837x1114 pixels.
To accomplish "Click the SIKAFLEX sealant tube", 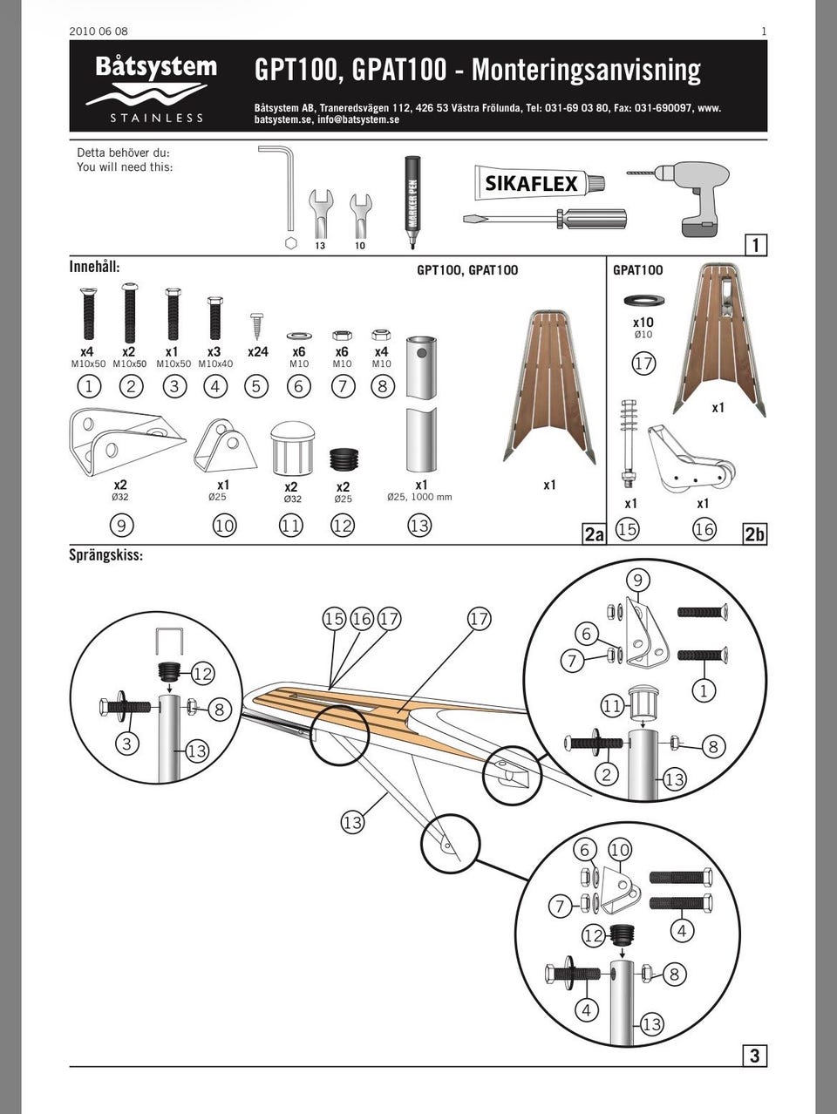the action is pyautogui.click(x=540, y=183).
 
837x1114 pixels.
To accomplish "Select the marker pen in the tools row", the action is pyautogui.click(x=412, y=202).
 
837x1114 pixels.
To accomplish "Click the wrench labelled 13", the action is pyautogui.click(x=321, y=214).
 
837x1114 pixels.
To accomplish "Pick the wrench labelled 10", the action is pyautogui.click(x=360, y=215).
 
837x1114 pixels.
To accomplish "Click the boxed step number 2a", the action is pyautogui.click(x=594, y=534).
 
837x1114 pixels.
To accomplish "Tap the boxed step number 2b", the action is pyautogui.click(x=755, y=534).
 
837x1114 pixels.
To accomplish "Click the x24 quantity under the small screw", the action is pyautogui.click(x=258, y=351).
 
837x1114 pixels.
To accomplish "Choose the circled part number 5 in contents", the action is pyautogui.click(x=256, y=387).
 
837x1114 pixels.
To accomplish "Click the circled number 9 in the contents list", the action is pyautogui.click(x=121, y=526).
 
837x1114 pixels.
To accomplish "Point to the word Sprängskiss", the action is pyautogui.click(x=105, y=555).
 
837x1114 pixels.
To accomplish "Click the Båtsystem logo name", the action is pyautogui.click(x=156, y=67).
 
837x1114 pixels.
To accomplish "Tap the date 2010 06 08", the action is pyautogui.click(x=99, y=31).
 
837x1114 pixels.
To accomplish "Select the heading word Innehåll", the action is pyautogui.click(x=94, y=267).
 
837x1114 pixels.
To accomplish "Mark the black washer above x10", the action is pyautogui.click(x=644, y=301).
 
